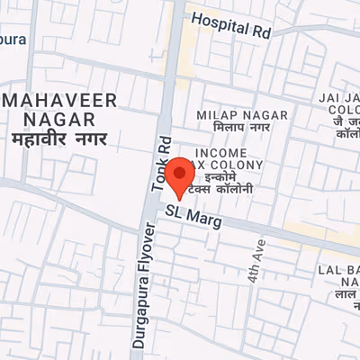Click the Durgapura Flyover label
pos(149,283)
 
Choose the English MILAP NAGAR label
pos(243,115)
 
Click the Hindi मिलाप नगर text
pos(242,130)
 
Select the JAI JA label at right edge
pos(339,96)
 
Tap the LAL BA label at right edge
pos(338,270)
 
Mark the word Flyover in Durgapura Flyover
pos(149,251)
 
